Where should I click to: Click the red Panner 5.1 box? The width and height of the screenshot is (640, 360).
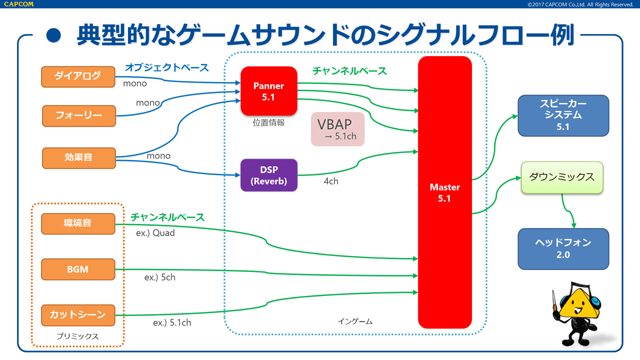pos(269,91)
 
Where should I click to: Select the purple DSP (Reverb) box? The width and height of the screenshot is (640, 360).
pos(269,175)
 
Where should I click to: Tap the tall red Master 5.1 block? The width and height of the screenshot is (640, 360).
pos(445,192)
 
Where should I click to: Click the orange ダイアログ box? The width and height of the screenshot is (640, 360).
pos(78,75)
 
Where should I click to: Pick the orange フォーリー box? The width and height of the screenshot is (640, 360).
pos(78,115)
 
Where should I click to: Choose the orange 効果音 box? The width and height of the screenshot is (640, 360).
pos(78,157)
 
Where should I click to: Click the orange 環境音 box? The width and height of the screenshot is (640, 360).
pos(78,223)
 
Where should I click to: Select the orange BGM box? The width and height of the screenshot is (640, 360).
pos(78,269)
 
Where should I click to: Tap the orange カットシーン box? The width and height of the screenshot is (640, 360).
pos(78,315)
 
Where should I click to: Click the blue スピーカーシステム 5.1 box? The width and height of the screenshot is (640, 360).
pos(563,115)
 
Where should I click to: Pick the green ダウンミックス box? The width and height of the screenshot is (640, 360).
pos(562,177)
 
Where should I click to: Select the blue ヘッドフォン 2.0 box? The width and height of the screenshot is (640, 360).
pos(563,248)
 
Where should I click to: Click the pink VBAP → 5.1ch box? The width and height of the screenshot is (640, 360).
pos(337,129)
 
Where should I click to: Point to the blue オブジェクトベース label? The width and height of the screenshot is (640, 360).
pos(166,67)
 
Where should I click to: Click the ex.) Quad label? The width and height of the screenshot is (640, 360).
pos(155,233)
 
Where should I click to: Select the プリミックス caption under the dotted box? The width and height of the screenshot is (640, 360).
pos(77,336)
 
